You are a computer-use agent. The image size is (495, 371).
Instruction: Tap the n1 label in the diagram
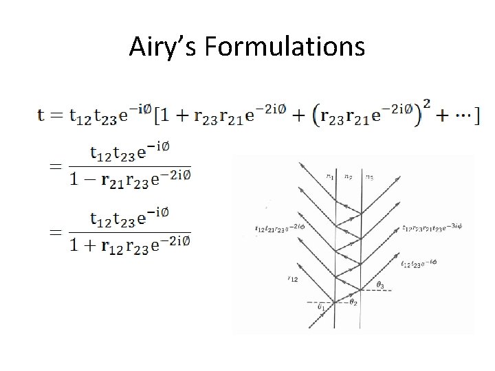329,176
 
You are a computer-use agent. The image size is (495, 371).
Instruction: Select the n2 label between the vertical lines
348,176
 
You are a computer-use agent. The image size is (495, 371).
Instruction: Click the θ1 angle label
320,308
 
